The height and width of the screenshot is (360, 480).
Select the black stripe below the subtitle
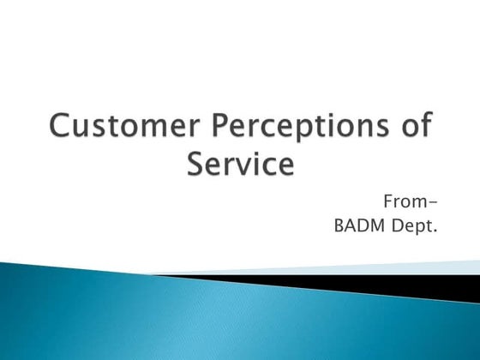(x=386, y=285)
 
